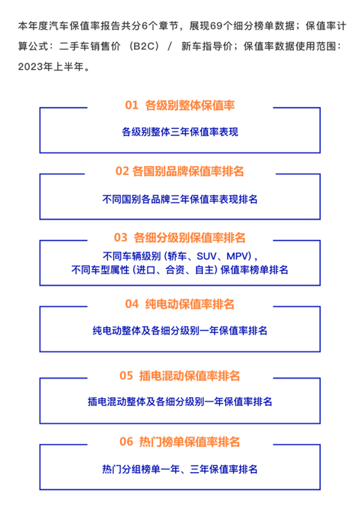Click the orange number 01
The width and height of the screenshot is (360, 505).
coord(131,106)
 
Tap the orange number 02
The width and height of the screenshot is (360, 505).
coord(122,172)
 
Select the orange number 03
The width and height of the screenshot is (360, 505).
coord(121,238)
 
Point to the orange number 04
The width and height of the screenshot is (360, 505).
coord(132,304)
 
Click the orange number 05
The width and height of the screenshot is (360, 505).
coord(126,376)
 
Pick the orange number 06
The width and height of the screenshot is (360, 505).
coord(126,442)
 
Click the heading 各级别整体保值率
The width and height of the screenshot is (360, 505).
coord(190,106)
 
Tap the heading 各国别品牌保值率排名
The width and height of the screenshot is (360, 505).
coord(188,172)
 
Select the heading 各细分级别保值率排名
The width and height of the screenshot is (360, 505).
coord(190,238)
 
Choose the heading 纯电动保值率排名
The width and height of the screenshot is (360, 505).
coord(190,304)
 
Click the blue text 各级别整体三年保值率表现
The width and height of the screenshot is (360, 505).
coord(180,132)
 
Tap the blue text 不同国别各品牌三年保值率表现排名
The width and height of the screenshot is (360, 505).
coord(180,199)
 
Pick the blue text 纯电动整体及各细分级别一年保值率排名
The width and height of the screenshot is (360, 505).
coord(180,330)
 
